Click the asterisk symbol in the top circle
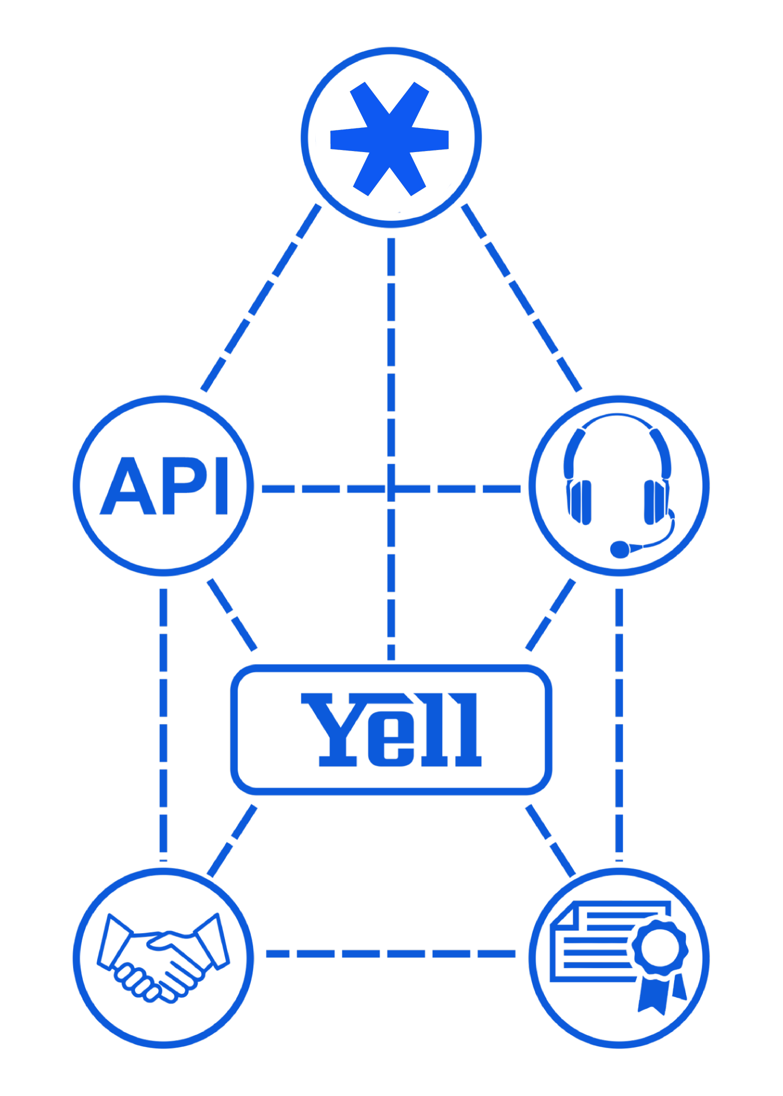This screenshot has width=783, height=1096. point(390,139)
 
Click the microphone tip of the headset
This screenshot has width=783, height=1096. point(620,549)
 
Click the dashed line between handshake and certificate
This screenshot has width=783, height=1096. point(391,954)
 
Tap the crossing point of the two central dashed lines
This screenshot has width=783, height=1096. point(391,489)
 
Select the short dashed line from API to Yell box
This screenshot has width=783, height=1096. point(232,615)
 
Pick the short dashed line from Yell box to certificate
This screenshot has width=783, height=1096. point(551,841)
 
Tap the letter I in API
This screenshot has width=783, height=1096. point(222,486)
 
